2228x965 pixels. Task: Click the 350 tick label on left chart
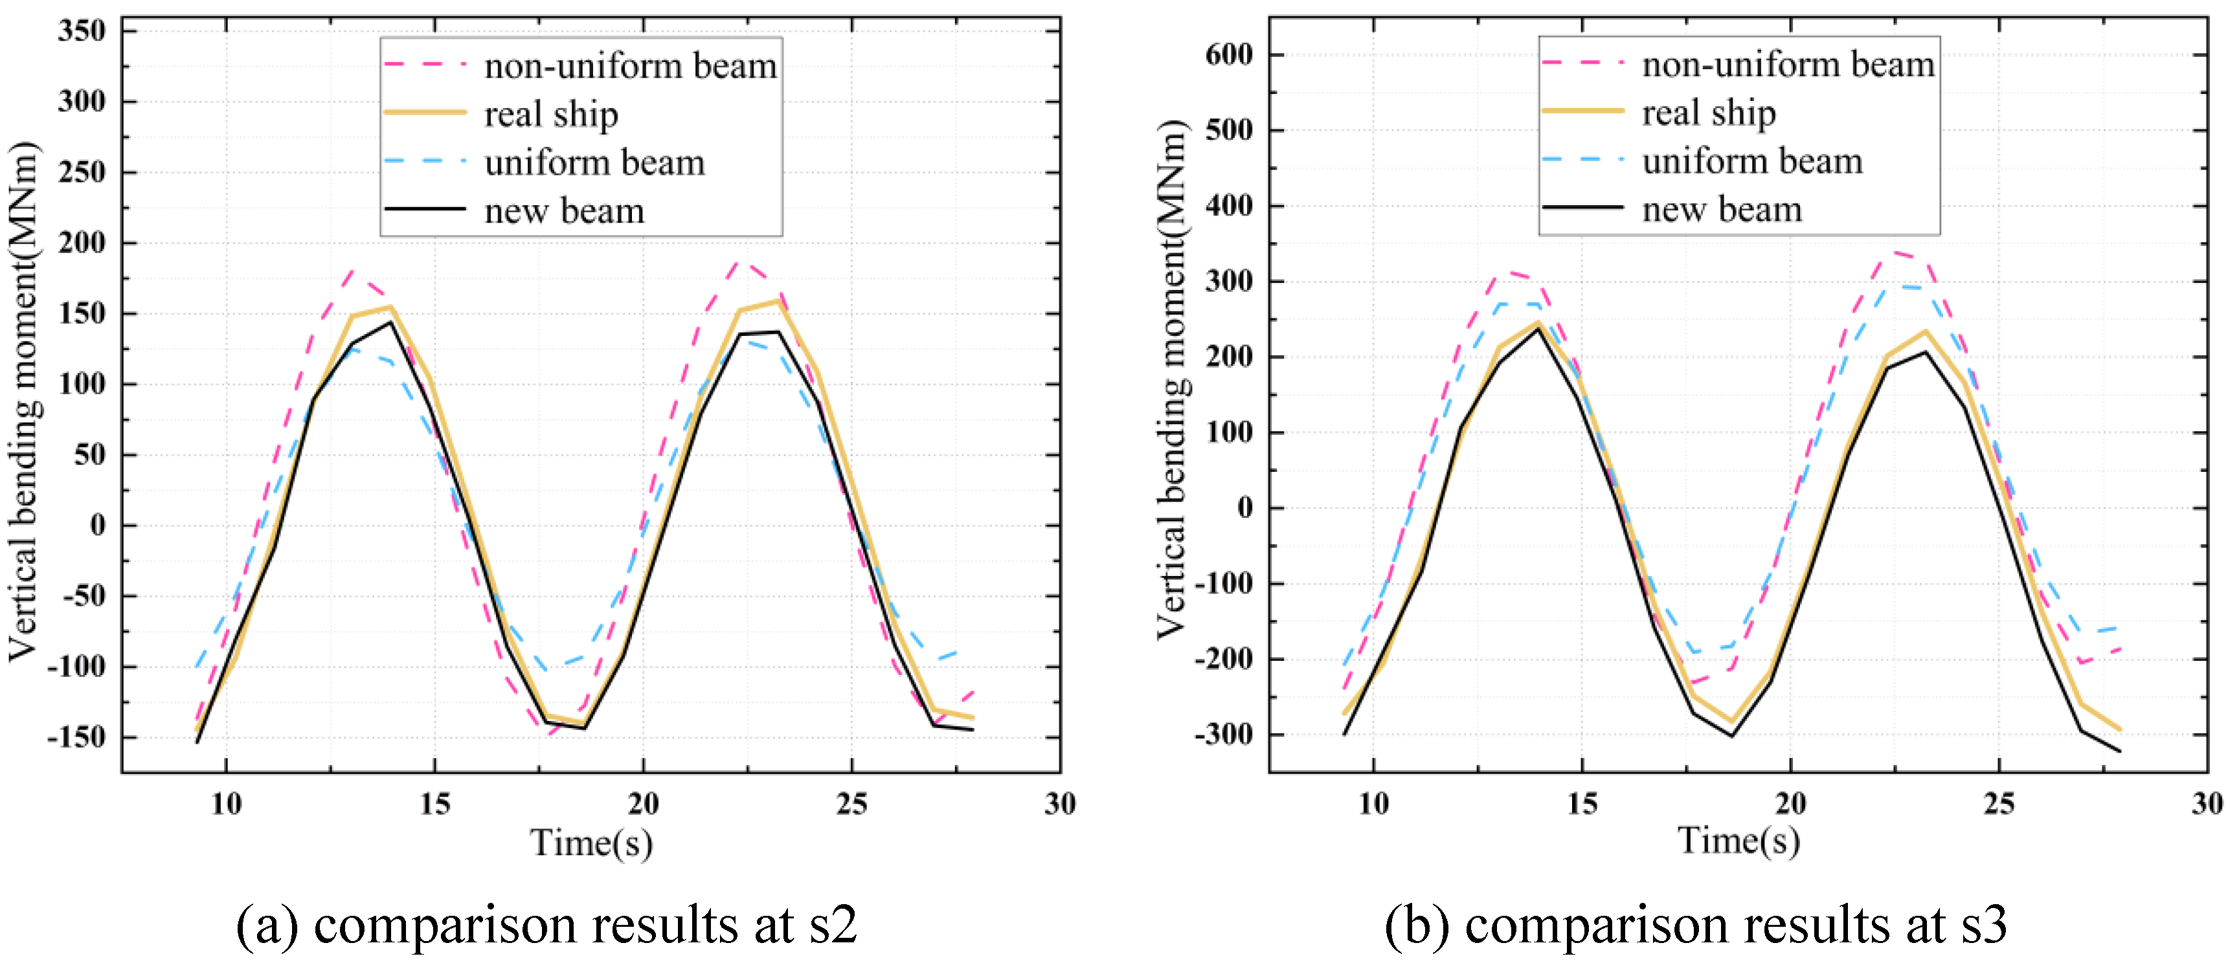(x=82, y=31)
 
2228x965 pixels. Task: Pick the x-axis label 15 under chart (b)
(x=1582, y=804)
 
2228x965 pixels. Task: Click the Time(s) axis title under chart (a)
(x=592, y=843)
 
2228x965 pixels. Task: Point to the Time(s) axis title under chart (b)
(x=1739, y=841)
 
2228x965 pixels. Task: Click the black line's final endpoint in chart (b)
(x=2119, y=751)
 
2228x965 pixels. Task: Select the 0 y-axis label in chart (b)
(x=1244, y=509)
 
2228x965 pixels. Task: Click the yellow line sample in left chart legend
(x=425, y=113)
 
